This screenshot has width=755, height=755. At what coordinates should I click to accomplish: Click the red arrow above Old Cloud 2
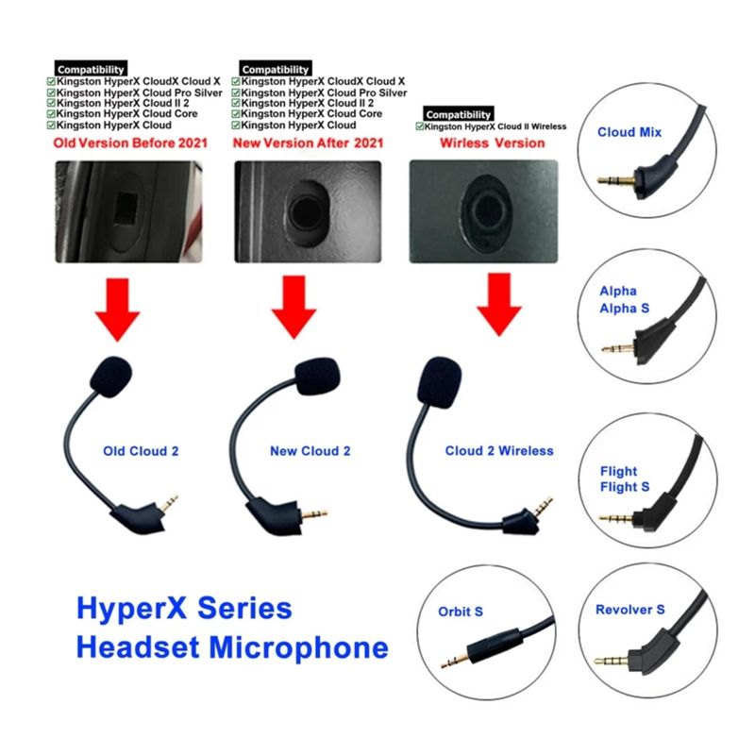coord(117,310)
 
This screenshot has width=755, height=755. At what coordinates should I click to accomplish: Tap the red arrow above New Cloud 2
coord(294,308)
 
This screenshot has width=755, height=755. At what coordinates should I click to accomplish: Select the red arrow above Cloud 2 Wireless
coord(499,304)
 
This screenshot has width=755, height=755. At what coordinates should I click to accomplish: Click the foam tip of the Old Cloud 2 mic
coord(110,377)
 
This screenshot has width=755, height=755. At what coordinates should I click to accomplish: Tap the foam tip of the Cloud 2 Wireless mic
coord(439,383)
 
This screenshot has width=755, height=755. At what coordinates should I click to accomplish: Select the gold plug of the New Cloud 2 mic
coord(314,513)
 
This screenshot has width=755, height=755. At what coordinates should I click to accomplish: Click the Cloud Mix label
coord(629,132)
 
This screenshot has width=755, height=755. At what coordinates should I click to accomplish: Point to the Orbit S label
coord(461,612)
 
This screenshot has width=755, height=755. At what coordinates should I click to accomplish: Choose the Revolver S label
coord(629,610)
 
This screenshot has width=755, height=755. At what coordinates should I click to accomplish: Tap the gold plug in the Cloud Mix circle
coord(616,180)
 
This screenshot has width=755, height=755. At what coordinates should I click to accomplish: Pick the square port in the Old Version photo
coord(127,210)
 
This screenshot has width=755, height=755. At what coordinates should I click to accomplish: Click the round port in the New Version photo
coord(306,211)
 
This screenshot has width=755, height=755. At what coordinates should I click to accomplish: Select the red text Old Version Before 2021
coord(130,143)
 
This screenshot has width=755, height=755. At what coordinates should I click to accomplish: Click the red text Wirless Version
coord(492,143)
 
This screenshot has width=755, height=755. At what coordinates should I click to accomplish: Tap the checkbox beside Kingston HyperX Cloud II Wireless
coord(419,126)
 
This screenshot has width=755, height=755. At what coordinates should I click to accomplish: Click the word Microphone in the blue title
coord(298,647)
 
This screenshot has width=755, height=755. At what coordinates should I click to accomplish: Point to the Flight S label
coord(625,487)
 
